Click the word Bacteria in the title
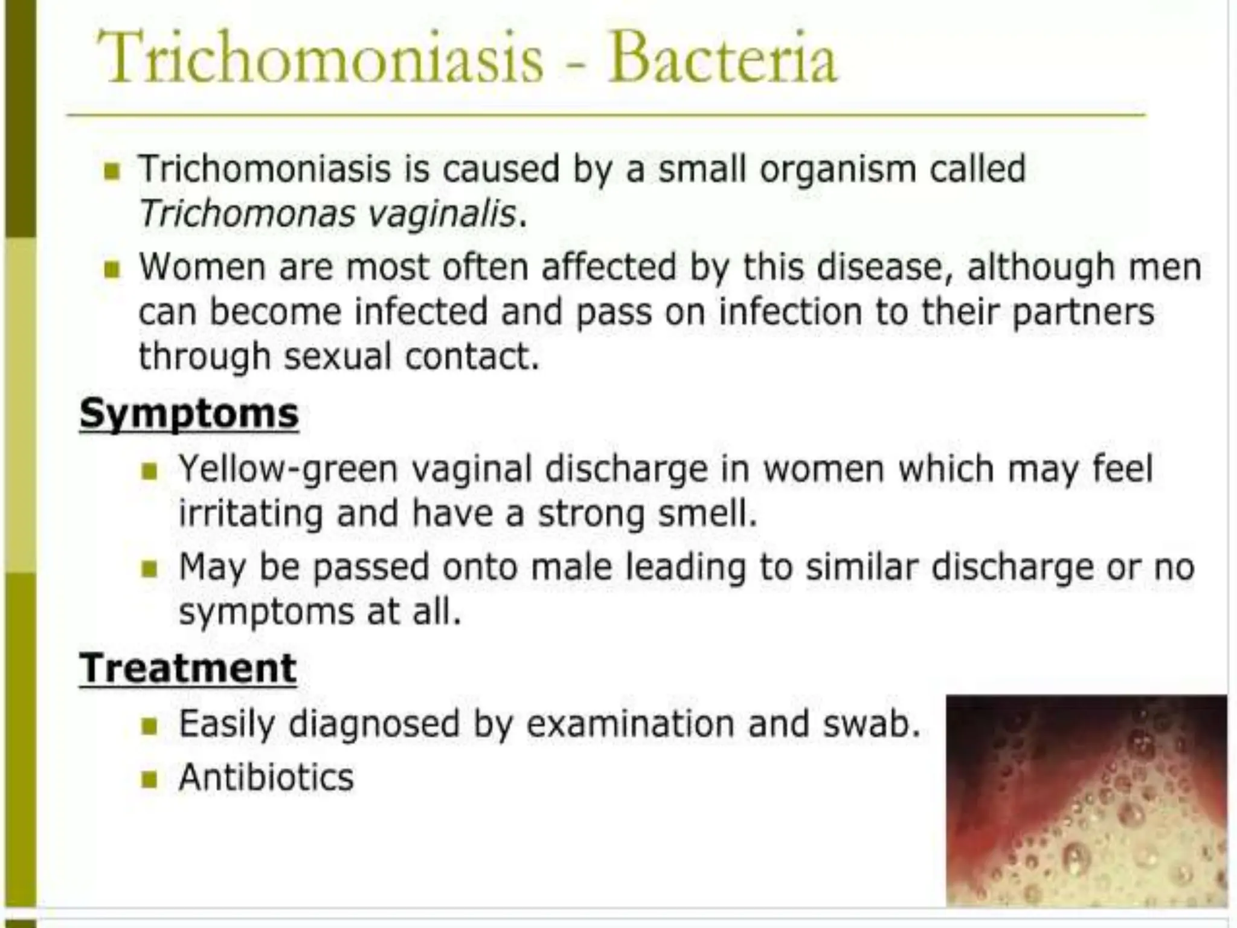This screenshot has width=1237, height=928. [722, 59]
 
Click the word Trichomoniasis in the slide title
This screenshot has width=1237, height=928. [320, 59]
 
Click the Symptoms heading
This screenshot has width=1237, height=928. [189, 414]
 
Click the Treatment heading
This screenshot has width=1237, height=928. [188, 668]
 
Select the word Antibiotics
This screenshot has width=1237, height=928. [266, 777]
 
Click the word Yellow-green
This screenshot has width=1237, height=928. [288, 469]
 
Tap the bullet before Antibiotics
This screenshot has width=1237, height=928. [149, 779]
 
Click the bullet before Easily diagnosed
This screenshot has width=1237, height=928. [149, 725]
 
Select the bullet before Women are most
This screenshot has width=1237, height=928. [112, 269]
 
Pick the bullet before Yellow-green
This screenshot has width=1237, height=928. [149, 471]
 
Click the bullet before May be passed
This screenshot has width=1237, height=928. [149, 569]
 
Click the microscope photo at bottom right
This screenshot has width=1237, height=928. [1086, 800]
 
